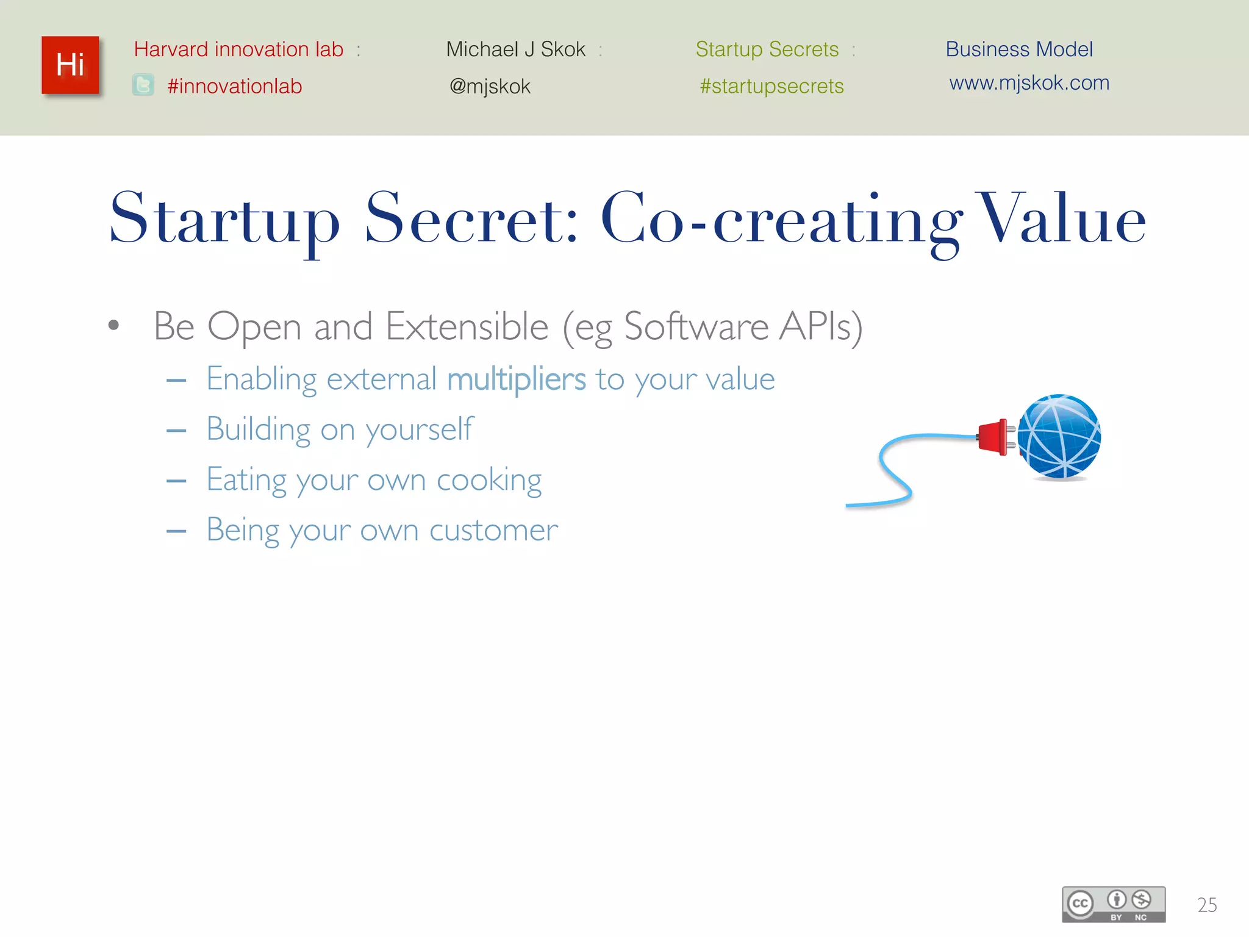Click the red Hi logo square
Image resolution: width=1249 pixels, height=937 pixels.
tap(70, 65)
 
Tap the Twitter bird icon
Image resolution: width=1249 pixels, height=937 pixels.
tap(143, 85)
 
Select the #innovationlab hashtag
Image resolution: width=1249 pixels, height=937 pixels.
tap(235, 87)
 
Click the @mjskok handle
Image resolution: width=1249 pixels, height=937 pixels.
tap(490, 87)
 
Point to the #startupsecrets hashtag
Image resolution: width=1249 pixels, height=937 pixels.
tap(771, 87)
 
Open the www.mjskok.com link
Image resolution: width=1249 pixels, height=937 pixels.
tap(1029, 83)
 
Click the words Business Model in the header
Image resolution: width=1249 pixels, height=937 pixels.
tap(1019, 49)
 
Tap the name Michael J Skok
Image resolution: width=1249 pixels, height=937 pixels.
tap(515, 49)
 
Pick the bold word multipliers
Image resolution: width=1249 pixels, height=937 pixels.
tap(517, 379)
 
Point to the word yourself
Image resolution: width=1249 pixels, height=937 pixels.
tap(419, 430)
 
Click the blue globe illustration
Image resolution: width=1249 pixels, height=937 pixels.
tap(1059, 437)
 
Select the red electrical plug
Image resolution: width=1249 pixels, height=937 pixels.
tap(994, 437)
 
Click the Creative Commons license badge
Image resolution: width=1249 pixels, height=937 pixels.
tap(1114, 904)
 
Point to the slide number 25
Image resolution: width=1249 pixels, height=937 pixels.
tap(1207, 905)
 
